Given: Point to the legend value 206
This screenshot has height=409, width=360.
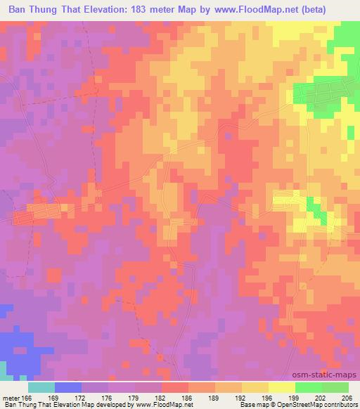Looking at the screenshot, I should [x=345, y=397].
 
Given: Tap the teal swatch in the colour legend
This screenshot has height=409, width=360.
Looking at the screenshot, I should [x=41, y=387].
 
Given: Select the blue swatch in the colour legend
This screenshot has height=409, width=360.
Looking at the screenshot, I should [x=68, y=387].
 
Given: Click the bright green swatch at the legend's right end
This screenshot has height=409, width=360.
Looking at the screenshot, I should [x=335, y=387].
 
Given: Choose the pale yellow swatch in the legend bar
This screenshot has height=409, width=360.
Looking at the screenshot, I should [x=282, y=387].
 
